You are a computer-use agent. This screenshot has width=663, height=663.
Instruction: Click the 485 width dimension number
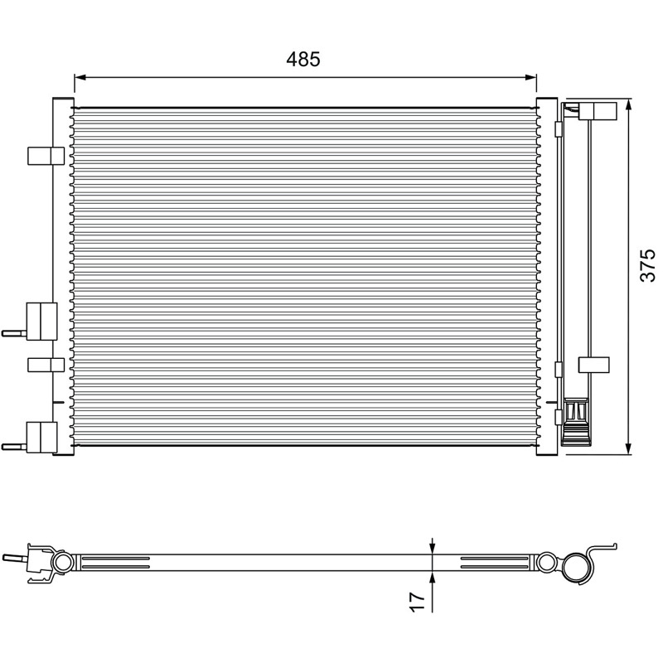point(303,59)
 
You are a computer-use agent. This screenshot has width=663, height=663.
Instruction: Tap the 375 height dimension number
point(647,265)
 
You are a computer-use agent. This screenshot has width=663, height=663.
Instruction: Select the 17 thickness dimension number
point(418,602)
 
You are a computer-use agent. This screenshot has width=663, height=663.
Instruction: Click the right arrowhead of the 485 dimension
point(530,77)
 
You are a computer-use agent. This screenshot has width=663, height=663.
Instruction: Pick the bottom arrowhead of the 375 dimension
point(629,448)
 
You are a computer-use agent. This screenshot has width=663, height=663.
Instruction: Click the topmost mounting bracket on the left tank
point(46,156)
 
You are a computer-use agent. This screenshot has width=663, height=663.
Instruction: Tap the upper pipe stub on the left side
point(14,333)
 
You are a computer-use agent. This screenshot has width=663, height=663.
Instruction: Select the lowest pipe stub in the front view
point(14,446)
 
